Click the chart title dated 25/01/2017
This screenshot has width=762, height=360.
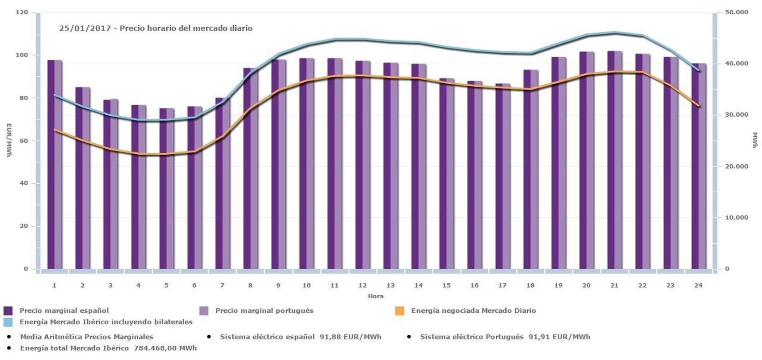pos(156,29)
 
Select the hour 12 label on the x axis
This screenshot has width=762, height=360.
pos(362,285)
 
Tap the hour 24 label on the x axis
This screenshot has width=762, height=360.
pos(698,285)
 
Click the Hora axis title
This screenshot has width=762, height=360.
pos(375,296)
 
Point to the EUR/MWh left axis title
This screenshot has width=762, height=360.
pos(9,140)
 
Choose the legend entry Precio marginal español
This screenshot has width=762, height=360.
pos(64,310)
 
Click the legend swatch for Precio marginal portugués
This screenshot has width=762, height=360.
pos(204,311)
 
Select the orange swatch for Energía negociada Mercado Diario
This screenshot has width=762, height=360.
pos(400,311)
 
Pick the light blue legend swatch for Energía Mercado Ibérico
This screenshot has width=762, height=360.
pos(8,322)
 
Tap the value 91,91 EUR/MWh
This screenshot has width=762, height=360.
pos(559,337)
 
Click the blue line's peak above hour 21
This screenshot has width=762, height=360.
pos(614,32)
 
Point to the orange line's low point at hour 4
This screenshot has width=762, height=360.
pos(139,154)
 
